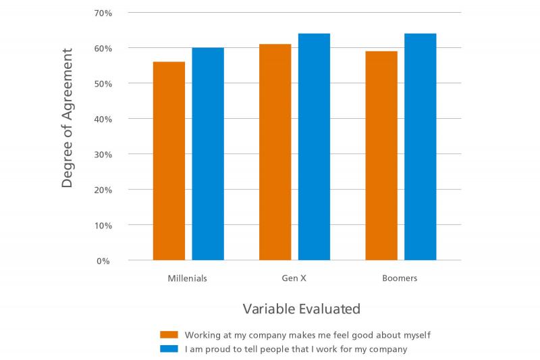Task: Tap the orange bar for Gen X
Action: click(275, 152)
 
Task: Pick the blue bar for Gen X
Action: click(314, 147)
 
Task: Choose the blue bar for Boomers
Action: click(421, 147)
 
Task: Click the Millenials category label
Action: click(188, 278)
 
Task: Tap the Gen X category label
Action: click(294, 278)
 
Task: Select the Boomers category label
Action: click(400, 278)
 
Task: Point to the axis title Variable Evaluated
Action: click(301, 309)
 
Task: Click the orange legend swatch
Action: click(169, 335)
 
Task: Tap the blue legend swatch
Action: click(169, 349)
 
